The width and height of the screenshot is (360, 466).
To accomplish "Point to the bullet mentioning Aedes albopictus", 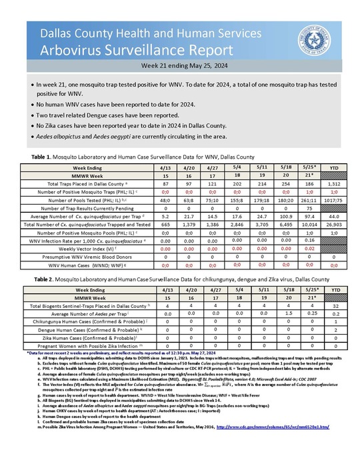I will [134, 137].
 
